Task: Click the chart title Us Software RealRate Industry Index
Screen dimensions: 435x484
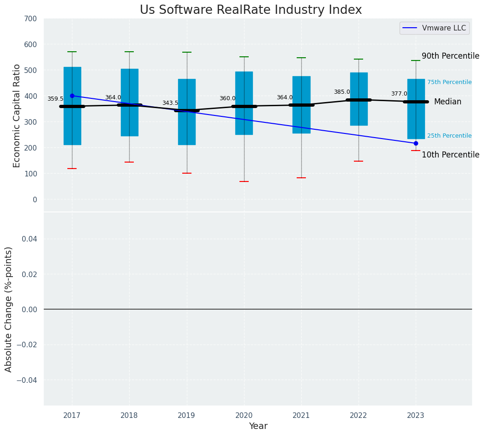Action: click(x=251, y=10)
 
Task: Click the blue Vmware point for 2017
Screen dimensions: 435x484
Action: click(x=72, y=96)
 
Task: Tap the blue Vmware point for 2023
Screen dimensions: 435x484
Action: click(x=416, y=143)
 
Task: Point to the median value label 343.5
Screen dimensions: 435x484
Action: click(x=170, y=103)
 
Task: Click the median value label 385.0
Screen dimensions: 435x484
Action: click(x=342, y=92)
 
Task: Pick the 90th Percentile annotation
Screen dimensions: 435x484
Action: click(x=450, y=56)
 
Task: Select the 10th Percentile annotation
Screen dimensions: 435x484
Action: click(x=450, y=155)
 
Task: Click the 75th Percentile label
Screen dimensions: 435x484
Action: click(x=449, y=82)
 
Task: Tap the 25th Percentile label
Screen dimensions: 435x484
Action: click(x=449, y=136)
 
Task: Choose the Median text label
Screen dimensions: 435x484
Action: click(x=448, y=102)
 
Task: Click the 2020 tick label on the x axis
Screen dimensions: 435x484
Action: click(x=244, y=416)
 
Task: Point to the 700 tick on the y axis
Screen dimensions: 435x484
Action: click(x=31, y=18)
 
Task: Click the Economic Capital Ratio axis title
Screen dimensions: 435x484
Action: click(x=17, y=115)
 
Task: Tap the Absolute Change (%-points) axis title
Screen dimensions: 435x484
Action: click(x=9, y=309)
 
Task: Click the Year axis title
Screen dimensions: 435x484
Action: click(x=258, y=426)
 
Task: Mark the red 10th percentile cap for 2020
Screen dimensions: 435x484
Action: click(x=244, y=181)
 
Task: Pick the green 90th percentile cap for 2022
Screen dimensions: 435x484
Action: click(x=359, y=59)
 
